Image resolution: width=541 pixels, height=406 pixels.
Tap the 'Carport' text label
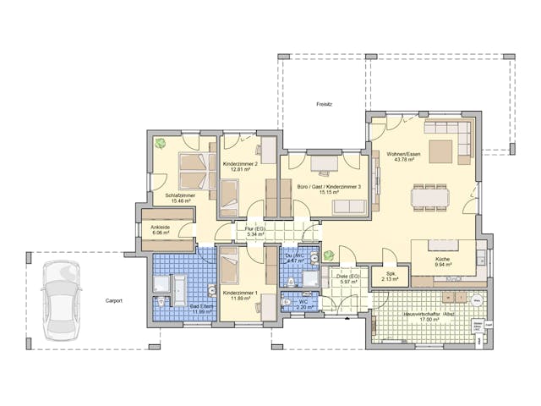[115, 300]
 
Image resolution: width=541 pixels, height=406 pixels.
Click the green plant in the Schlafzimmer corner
[158, 143]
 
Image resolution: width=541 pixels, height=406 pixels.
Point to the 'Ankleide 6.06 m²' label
[161, 231]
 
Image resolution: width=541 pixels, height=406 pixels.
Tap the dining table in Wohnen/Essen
[430, 197]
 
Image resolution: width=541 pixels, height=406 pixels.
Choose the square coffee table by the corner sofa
[440, 151]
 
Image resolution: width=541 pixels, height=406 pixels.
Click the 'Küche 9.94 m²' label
[447, 262]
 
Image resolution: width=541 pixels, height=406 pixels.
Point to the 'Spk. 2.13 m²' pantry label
[390, 276]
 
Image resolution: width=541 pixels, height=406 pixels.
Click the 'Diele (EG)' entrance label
[347, 278]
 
